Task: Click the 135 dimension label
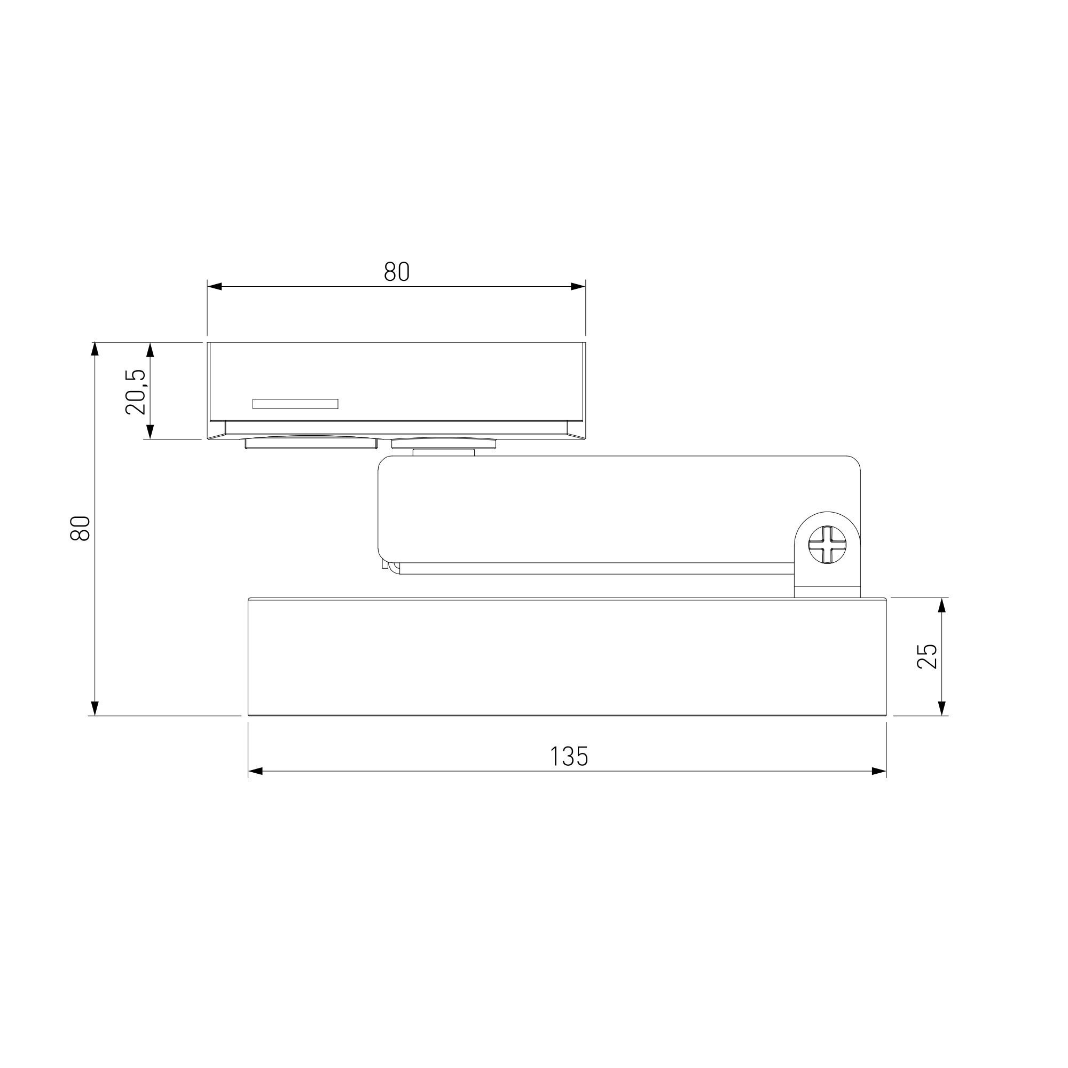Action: click(569, 756)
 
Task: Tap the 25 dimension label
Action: click(927, 657)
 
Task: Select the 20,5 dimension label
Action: click(136, 392)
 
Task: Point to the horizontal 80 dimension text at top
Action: click(397, 271)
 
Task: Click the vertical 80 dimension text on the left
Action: click(80, 528)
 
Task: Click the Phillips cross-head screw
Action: click(827, 545)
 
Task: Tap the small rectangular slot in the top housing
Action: click(295, 404)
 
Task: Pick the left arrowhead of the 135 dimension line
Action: click(255, 771)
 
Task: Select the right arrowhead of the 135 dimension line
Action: click(879, 771)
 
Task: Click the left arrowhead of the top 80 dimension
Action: click(215, 286)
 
